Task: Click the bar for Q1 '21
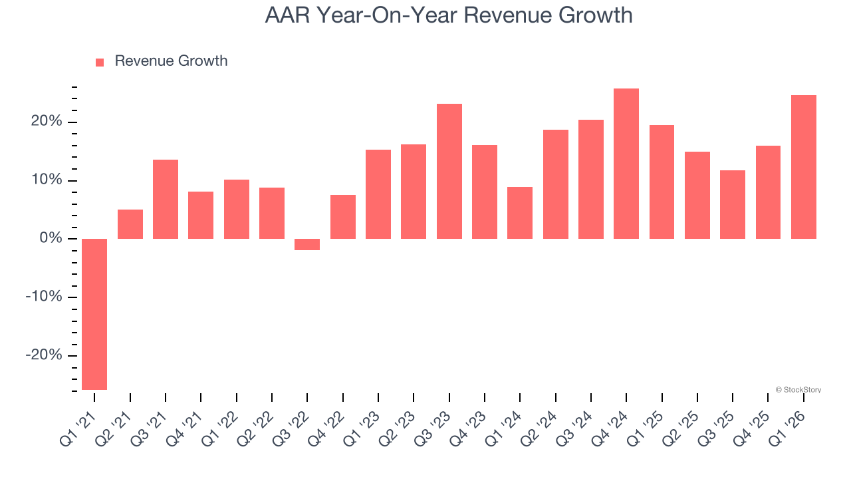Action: (x=94, y=314)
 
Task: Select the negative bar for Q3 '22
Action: (x=307, y=244)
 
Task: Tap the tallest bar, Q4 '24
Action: (x=626, y=164)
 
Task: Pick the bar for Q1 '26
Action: (x=804, y=167)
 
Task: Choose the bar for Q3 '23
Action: (x=449, y=171)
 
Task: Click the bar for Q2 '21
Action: (x=130, y=224)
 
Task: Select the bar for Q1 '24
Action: (x=520, y=213)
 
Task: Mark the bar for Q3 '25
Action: (x=733, y=204)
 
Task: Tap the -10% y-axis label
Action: (x=43, y=297)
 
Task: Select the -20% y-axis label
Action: (x=43, y=355)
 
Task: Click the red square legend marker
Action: (x=100, y=62)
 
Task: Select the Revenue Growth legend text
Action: (x=171, y=61)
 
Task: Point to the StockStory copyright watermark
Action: (x=798, y=390)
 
